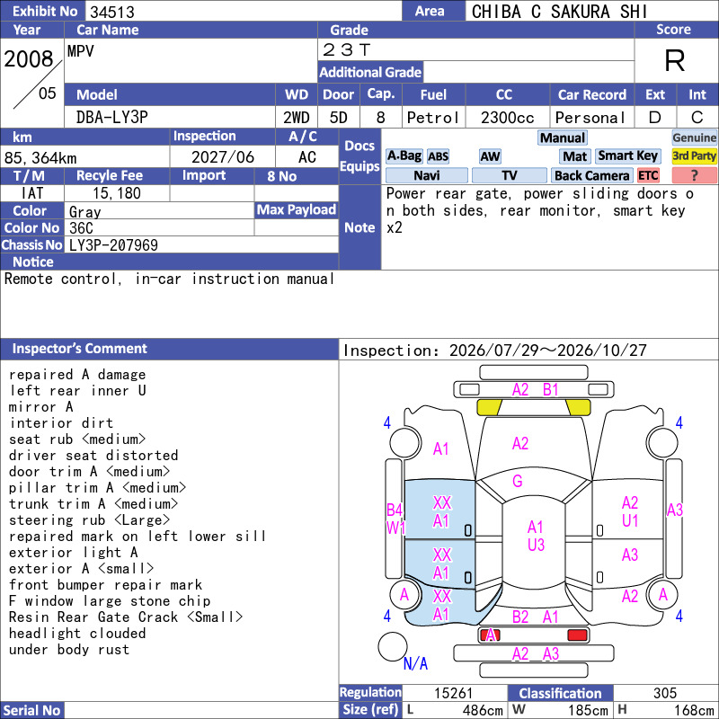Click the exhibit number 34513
112,12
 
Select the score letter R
675,60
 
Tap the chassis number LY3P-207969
114,245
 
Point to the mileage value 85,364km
40,158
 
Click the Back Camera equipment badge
591,175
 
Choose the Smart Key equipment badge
627,155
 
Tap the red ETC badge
648,175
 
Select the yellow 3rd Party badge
694,155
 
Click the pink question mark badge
694,175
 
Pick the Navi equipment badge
426,175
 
